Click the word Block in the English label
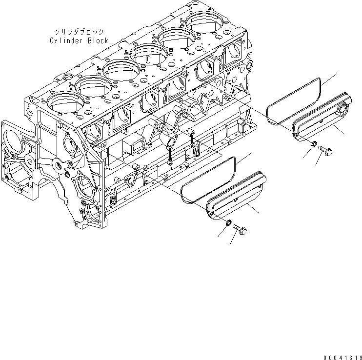[98, 41]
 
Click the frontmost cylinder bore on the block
[62, 102]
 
